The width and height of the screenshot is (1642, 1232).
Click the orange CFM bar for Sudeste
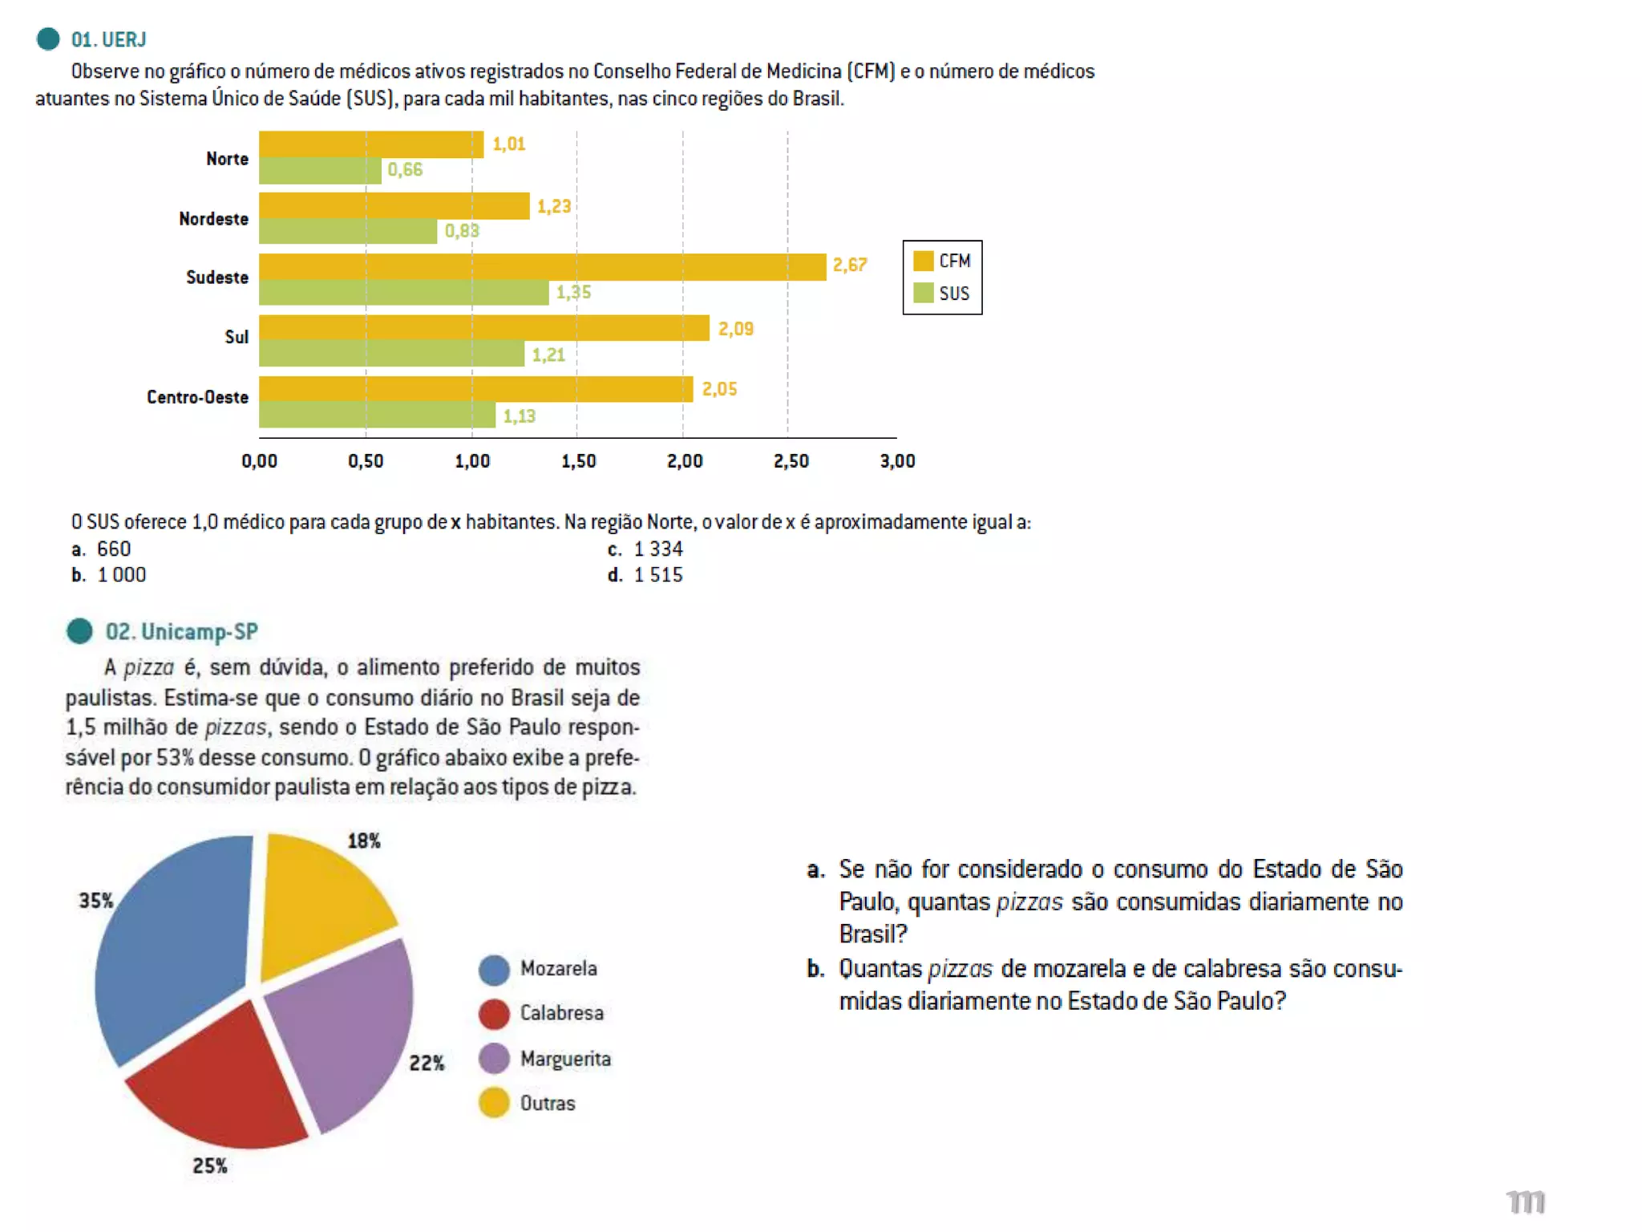click(x=542, y=267)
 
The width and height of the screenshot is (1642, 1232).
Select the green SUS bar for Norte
click(x=320, y=171)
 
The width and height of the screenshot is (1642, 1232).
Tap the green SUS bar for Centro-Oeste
click(x=377, y=415)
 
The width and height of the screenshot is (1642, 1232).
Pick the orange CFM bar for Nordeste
click(x=394, y=206)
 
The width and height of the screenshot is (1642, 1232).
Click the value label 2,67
click(x=850, y=265)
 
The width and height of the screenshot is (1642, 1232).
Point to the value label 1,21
click(x=549, y=355)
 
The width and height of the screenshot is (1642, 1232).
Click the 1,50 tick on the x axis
click(x=578, y=461)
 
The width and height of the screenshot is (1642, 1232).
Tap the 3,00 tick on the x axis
click(x=897, y=461)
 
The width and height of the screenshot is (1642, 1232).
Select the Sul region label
click(x=237, y=337)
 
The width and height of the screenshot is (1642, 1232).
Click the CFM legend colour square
click(x=924, y=261)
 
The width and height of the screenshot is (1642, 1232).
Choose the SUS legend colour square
click(x=924, y=293)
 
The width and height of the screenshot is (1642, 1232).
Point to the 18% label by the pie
click(x=364, y=841)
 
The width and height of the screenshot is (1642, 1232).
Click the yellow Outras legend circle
click(x=494, y=1103)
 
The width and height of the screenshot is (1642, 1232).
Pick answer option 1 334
click(x=657, y=549)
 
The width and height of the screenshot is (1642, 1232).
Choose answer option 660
click(x=113, y=549)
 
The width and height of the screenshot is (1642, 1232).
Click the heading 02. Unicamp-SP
click(x=182, y=632)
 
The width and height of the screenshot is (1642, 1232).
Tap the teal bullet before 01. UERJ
click(x=48, y=38)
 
